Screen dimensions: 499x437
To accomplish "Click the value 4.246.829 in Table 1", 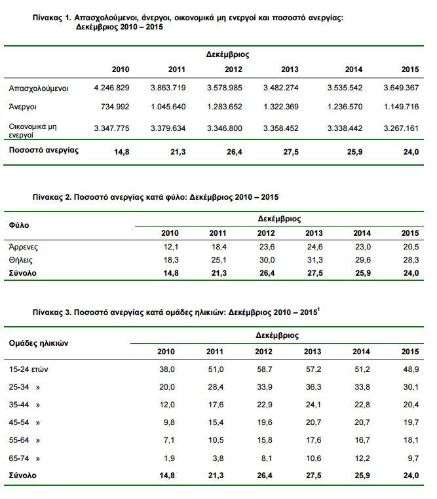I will click(x=113, y=87).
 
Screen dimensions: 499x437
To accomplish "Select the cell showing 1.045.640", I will click(x=169, y=106).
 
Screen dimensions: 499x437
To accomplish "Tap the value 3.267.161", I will click(x=402, y=128).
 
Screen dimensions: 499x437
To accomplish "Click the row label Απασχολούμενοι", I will click(x=39, y=87).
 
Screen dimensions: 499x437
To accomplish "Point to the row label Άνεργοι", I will click(x=23, y=106).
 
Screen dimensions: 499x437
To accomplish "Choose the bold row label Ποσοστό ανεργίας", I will click(x=44, y=150).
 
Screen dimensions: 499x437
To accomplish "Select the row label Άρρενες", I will click(x=24, y=247).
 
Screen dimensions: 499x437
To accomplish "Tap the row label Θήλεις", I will click(x=22, y=259).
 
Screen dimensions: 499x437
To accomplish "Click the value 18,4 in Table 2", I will click(x=218, y=247).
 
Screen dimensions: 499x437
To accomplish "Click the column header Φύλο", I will click(x=18, y=225).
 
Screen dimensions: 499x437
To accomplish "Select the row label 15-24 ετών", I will click(x=29, y=369).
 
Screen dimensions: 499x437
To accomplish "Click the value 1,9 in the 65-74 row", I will click(x=168, y=458).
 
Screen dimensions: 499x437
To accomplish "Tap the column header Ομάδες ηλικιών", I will click(x=39, y=343).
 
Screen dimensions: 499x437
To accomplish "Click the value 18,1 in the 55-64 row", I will click(x=410, y=440).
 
